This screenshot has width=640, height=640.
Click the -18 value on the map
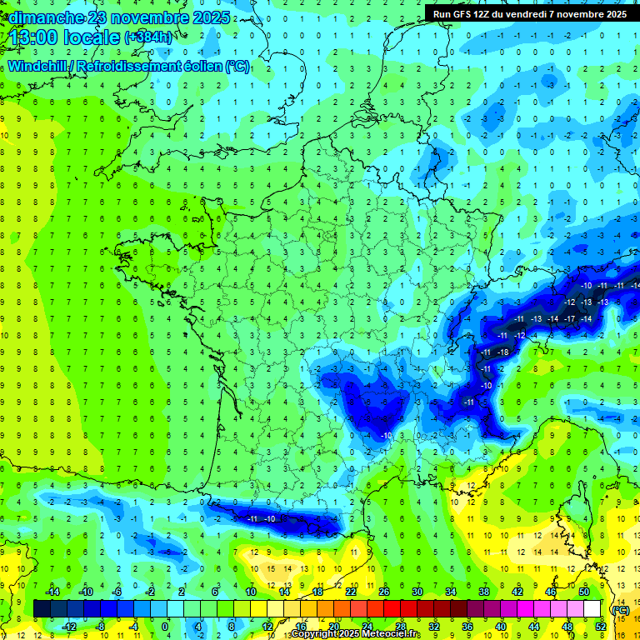coord(502,353)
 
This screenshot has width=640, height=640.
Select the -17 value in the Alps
coord(570,319)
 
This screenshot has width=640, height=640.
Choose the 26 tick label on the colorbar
coord(383,592)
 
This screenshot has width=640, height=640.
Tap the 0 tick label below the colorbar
coord(165,626)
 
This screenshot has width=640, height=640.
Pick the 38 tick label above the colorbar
coord(483,592)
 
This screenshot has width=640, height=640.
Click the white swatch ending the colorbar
coord(592,608)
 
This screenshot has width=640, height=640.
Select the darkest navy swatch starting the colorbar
coord(42,608)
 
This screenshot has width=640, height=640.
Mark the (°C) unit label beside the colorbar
coord(620,609)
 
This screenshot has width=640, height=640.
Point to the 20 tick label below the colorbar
coord(334,626)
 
